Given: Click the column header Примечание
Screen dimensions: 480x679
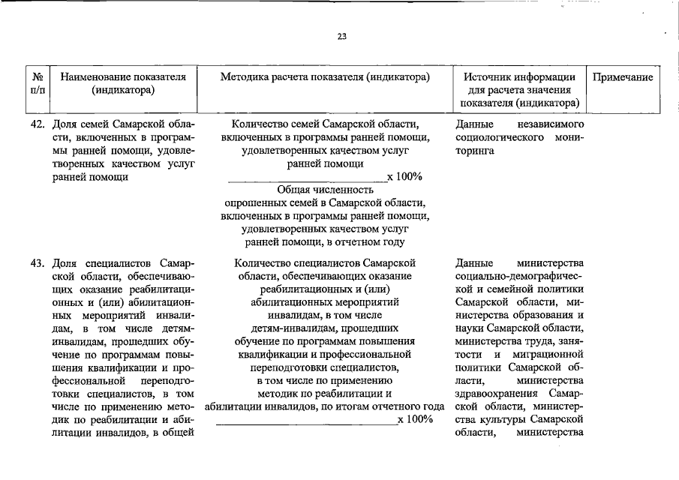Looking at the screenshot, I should pos(623,77).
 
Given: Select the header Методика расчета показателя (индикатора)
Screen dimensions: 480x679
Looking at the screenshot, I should pos(325,77).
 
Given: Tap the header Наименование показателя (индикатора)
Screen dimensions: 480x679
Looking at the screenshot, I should pos(123,84).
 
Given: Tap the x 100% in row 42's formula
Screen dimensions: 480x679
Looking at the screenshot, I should pos(404,176).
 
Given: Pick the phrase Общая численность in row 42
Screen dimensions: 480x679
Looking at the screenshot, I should pos(325,190).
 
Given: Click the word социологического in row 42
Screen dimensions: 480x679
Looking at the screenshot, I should pos(496,137).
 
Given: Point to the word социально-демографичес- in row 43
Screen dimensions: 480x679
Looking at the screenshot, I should pos(519,277).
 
